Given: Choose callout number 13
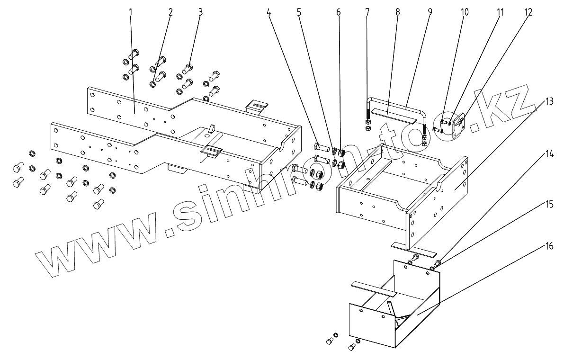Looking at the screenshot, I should (549, 101).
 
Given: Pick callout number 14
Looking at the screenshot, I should (549, 154).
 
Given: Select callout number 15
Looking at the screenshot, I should (549, 205).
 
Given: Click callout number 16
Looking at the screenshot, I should (549, 246).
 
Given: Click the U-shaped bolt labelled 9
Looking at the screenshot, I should (398, 100).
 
